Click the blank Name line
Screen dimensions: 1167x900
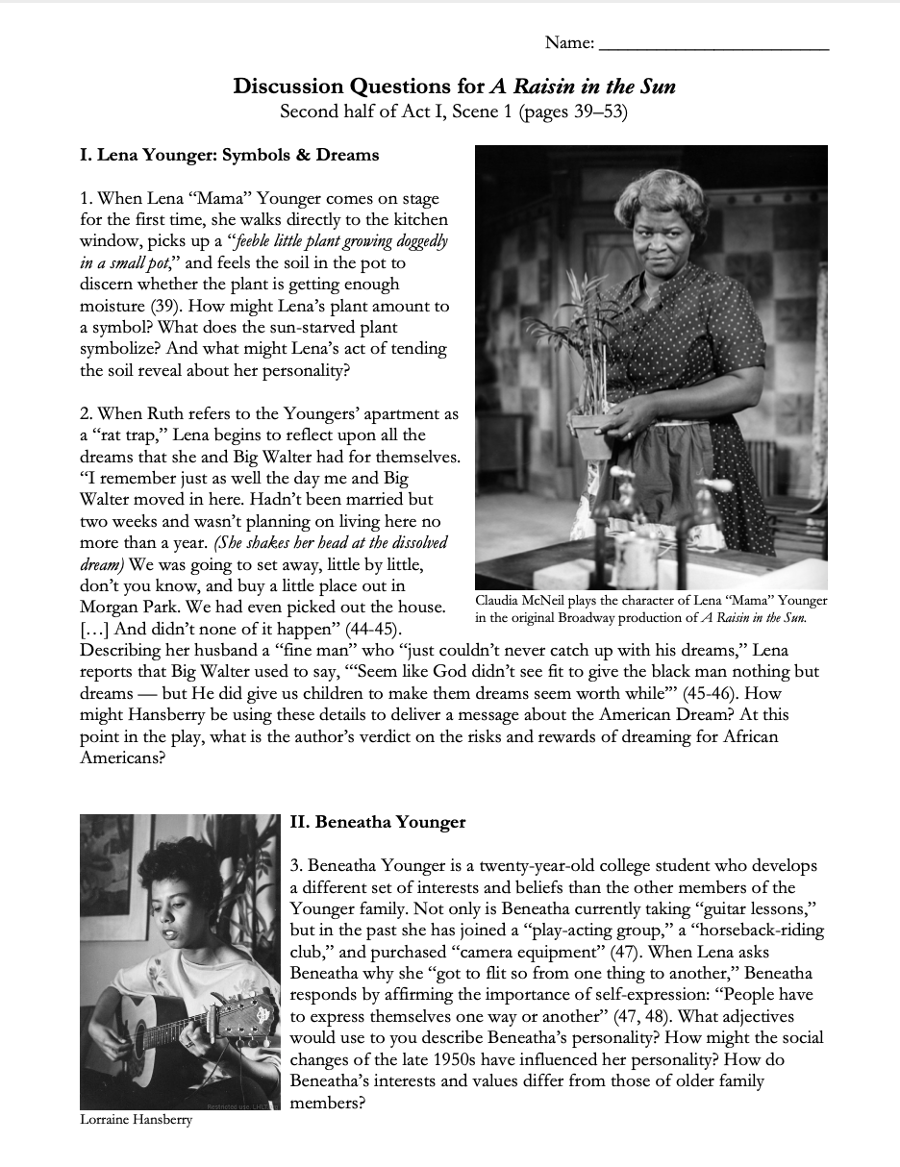coord(712,45)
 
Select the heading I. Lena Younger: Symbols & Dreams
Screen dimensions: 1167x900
coord(229,155)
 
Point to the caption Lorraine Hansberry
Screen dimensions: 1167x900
coord(136,1120)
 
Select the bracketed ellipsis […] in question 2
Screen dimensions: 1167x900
coord(95,629)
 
